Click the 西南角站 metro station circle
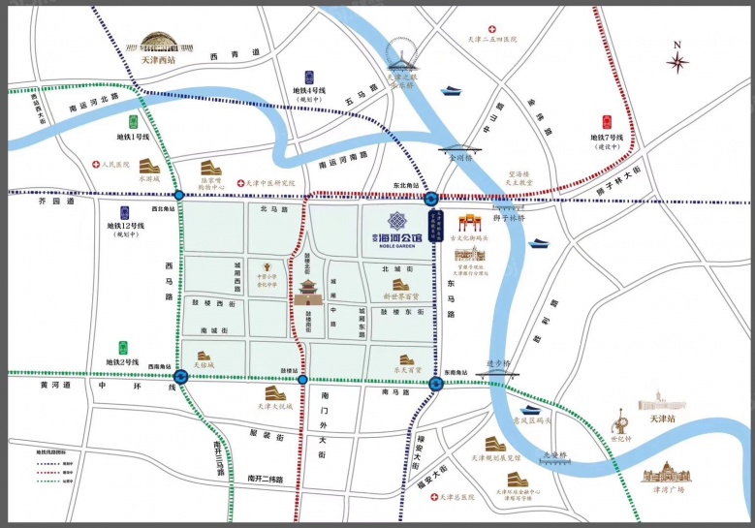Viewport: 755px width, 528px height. (180, 376)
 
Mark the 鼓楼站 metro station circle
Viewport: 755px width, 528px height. (303, 380)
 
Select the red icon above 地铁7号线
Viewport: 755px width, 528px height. (607, 122)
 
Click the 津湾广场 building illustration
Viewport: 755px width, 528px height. (669, 473)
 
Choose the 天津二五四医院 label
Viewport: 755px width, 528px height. (491, 40)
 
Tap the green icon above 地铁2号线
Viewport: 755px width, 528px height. (122, 347)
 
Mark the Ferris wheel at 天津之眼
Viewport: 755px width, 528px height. (400, 54)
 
